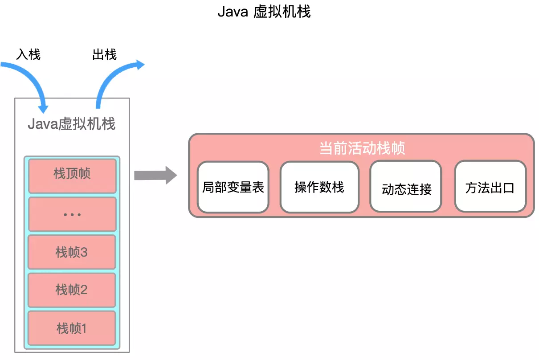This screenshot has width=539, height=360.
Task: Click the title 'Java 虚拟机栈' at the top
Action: point(264,12)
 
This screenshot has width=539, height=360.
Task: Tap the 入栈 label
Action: point(29,55)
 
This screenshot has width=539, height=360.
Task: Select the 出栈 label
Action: point(104,55)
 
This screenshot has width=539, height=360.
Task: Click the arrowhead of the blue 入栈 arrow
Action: point(43,108)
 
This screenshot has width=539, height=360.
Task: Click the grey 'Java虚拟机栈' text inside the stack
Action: point(72,124)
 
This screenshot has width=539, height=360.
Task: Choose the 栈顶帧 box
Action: point(72,173)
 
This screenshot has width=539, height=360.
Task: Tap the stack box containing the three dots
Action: point(72,214)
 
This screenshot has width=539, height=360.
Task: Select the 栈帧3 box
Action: point(72,253)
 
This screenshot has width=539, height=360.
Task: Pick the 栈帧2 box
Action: point(72,290)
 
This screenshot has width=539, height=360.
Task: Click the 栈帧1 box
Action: point(72,329)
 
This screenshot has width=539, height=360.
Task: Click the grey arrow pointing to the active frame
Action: point(155,175)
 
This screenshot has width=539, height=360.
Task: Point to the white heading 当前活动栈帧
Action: point(362,148)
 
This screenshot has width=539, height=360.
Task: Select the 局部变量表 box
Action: point(233,187)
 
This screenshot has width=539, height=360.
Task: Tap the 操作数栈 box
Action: point(319,187)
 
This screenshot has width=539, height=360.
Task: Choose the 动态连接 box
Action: point(406,188)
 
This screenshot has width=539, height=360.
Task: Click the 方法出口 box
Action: point(490,187)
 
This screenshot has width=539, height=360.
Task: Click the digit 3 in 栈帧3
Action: point(84,253)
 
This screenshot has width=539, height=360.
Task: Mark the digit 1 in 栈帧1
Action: point(83,329)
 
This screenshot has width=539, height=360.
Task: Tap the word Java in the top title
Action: point(232,12)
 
